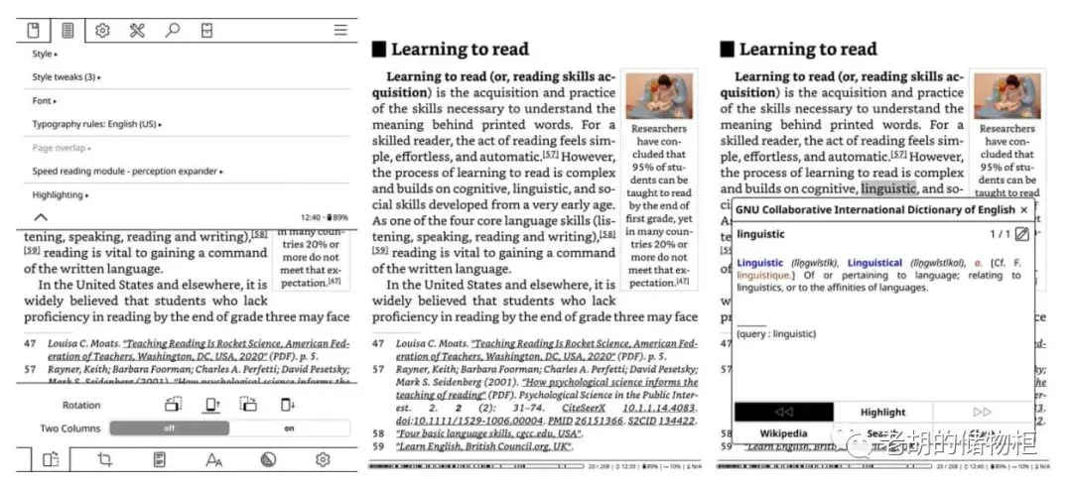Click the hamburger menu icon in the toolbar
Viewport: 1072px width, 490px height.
point(340,31)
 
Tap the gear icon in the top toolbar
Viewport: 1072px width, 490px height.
point(102,31)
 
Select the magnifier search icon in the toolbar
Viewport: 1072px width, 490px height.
point(172,31)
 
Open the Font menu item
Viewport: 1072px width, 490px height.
point(44,101)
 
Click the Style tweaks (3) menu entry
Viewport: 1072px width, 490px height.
point(66,77)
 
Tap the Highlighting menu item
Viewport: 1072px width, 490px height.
point(60,195)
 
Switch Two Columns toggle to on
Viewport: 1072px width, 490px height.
point(290,429)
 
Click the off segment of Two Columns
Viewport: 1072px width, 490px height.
point(170,429)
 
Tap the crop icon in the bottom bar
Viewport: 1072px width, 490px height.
point(105,459)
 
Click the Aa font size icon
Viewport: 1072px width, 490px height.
point(213,459)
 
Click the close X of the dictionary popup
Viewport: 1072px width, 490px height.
point(1024,210)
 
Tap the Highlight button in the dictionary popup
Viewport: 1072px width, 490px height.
point(882,412)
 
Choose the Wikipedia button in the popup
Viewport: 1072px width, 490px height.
point(783,434)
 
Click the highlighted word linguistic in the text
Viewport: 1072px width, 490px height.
point(887,188)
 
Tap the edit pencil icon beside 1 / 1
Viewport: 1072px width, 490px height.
point(1022,234)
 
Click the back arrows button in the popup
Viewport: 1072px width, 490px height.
point(783,412)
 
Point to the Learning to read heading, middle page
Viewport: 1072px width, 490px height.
point(460,50)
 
